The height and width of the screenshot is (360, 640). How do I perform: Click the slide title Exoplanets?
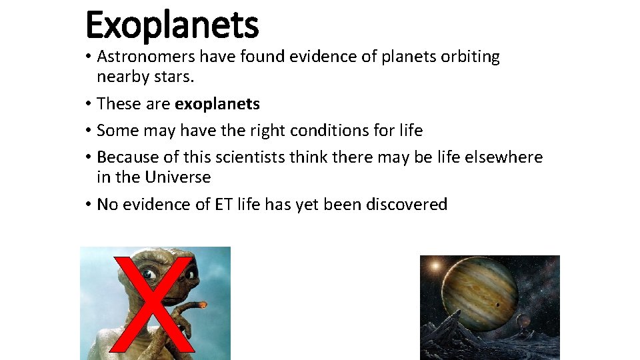pos(171,25)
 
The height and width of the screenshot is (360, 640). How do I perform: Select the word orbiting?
pos(470,57)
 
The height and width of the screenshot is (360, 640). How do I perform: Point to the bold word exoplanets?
pos(217,104)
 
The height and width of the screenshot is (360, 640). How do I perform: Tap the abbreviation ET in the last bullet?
pos(224,204)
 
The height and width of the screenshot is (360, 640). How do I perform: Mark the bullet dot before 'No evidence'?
pos(88,205)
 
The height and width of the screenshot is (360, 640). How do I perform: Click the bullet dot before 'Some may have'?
pos(88,131)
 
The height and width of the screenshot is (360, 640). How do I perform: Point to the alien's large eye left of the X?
pos(149,274)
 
